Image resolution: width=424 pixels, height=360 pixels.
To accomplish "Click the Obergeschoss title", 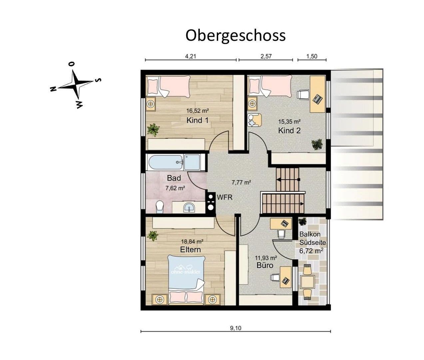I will [x=235, y=35].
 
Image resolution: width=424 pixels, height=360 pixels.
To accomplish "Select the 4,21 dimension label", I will [x=191, y=56].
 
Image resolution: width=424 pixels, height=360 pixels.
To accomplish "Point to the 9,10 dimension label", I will [x=235, y=328].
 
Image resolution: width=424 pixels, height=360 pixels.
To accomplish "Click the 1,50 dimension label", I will [x=312, y=56].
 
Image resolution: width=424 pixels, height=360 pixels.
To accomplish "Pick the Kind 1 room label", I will [x=197, y=120].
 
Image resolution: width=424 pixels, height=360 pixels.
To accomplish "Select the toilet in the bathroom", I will [x=160, y=207].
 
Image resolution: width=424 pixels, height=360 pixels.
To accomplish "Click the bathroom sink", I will [x=189, y=208].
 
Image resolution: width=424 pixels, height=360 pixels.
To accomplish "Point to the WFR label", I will [x=224, y=197].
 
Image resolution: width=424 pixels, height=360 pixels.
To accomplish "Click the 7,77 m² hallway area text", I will [x=241, y=183].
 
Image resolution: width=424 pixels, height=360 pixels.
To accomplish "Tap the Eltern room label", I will [x=190, y=250].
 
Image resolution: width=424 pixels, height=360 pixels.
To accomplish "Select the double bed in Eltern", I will [x=186, y=279].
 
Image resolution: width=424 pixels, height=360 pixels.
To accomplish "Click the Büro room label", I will [x=265, y=265].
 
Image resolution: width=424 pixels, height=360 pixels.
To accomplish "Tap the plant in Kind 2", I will [x=317, y=144].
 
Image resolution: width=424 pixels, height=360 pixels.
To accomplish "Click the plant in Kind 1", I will [x=154, y=129].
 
